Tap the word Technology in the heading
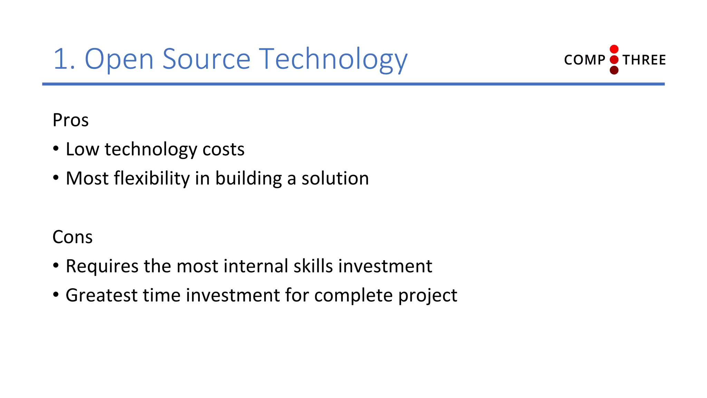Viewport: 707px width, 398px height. point(333,59)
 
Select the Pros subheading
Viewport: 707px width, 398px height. point(70,120)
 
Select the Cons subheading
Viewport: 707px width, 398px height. point(72,237)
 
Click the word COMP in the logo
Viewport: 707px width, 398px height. point(584,60)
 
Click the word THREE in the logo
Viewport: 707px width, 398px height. point(644,60)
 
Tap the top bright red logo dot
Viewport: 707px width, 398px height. point(614,49)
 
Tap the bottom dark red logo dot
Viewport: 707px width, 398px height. point(614,70)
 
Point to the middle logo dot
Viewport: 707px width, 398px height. point(614,60)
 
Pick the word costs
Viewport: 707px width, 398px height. point(223,150)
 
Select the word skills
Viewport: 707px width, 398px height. point(313,266)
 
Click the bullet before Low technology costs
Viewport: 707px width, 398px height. point(56,149)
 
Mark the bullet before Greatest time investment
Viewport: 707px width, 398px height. point(56,295)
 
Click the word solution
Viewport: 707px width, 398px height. point(335,179)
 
